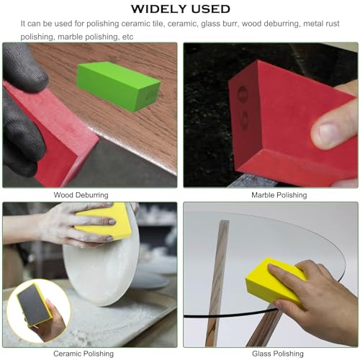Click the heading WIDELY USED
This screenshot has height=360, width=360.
180,9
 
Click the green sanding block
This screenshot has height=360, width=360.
108,85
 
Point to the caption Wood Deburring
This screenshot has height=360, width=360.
81,194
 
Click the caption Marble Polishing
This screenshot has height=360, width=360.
279,194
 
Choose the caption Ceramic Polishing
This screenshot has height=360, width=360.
84,354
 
